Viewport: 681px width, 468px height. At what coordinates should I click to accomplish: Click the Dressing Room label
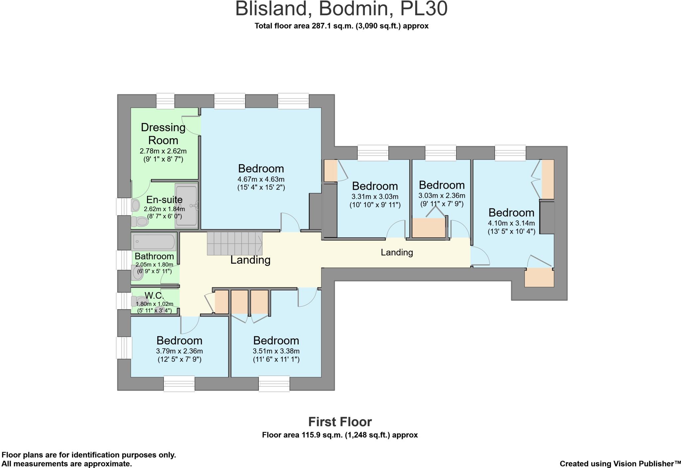(163, 134)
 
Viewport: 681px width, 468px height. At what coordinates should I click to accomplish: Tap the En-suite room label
(164, 199)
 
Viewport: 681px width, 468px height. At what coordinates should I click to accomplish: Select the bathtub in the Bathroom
(153, 241)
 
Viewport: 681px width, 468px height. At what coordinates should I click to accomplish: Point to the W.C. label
(154, 295)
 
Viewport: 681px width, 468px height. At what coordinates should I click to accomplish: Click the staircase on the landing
(235, 243)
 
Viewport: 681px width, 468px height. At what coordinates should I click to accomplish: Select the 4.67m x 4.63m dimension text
(261, 179)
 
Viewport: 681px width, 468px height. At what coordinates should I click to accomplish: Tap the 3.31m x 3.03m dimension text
(375, 196)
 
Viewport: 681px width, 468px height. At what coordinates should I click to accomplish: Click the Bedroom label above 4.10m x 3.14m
(511, 212)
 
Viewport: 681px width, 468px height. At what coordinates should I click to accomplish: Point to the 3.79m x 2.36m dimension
(179, 351)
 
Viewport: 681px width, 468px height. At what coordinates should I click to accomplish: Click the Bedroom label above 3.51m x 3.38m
(276, 340)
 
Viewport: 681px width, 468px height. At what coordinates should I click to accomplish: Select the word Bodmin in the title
(353, 9)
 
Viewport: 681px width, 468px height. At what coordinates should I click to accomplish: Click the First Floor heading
(340, 422)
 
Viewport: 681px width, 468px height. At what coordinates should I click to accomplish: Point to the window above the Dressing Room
(165, 101)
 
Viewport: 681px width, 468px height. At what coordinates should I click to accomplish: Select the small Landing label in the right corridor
(397, 253)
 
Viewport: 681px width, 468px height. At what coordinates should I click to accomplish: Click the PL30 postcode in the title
(423, 9)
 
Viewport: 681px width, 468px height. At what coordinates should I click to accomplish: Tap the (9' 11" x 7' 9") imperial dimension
(441, 203)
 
